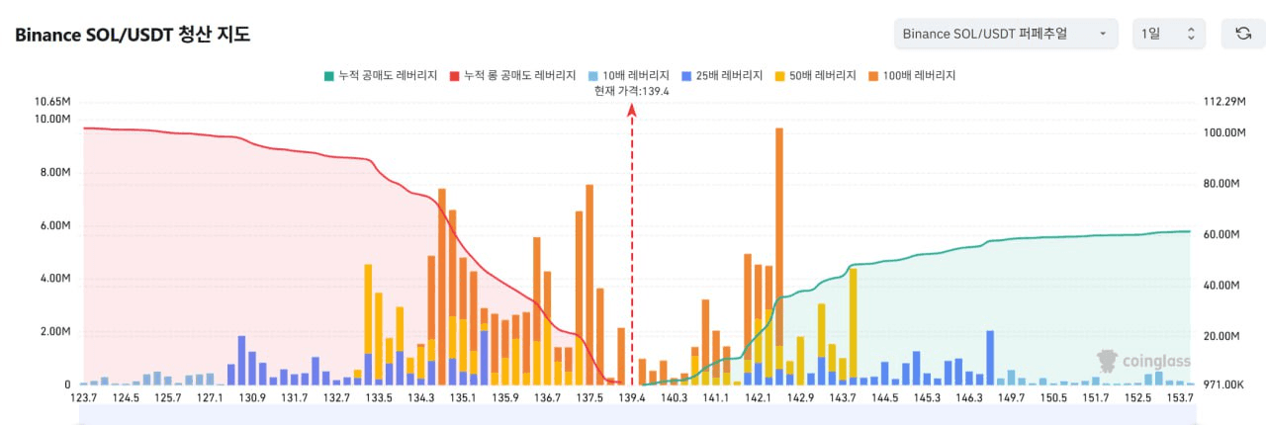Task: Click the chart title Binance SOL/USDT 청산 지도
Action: click(x=133, y=36)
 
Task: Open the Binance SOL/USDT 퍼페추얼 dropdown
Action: click(x=1005, y=34)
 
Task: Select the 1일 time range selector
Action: click(x=1168, y=34)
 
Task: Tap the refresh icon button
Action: click(x=1243, y=34)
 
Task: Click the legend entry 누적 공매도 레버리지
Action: click(x=380, y=75)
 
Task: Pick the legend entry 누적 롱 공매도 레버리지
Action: click(x=512, y=75)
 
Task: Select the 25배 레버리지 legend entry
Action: click(x=722, y=75)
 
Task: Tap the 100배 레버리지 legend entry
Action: click(x=912, y=75)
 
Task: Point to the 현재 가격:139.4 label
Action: click(x=632, y=91)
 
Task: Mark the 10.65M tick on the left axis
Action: click(x=52, y=102)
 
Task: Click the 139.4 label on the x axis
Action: click(x=632, y=397)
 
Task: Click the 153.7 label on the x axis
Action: click(x=1180, y=397)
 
